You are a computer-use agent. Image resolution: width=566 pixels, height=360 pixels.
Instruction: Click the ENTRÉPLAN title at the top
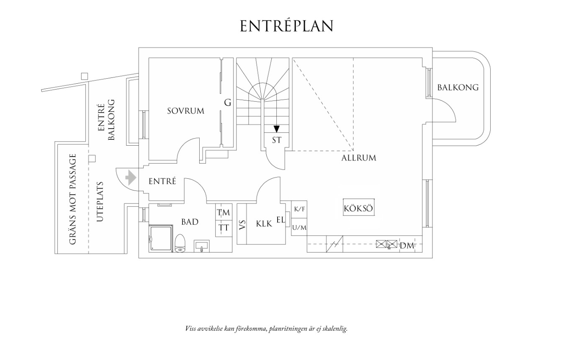coord(287,26)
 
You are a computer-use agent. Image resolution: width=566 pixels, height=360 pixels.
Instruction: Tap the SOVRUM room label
coord(185,111)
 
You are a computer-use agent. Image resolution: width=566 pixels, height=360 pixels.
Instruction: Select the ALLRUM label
coord(359,158)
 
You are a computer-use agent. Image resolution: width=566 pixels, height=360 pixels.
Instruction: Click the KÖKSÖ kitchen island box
coord(358,208)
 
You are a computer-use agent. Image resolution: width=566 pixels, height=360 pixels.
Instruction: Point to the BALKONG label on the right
coord(458,87)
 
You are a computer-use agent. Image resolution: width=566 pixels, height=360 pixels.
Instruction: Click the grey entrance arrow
coord(131,177)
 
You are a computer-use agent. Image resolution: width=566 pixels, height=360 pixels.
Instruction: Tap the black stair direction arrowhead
coord(276,129)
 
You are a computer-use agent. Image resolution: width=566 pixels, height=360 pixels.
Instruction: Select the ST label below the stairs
coord(276,140)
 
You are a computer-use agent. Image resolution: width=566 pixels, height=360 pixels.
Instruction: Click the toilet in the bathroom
coord(180,243)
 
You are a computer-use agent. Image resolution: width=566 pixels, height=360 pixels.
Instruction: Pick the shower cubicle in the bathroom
coord(160,238)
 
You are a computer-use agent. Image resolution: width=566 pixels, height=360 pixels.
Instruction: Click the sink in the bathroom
coord(202,246)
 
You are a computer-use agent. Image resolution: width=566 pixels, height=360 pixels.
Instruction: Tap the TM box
coord(224,212)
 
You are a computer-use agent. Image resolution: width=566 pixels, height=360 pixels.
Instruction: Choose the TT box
coord(224,228)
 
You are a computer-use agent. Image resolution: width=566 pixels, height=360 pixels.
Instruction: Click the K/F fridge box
coord(299,209)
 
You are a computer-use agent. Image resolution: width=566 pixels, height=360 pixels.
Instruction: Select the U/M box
coord(299,227)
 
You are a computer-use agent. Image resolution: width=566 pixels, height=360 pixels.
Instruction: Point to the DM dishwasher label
coord(406,246)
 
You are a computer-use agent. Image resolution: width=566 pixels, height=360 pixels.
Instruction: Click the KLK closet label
coord(264,224)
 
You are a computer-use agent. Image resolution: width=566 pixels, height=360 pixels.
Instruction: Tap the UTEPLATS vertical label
coord(100,201)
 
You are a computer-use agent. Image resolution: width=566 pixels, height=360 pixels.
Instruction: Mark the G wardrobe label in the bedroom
coord(227,103)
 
